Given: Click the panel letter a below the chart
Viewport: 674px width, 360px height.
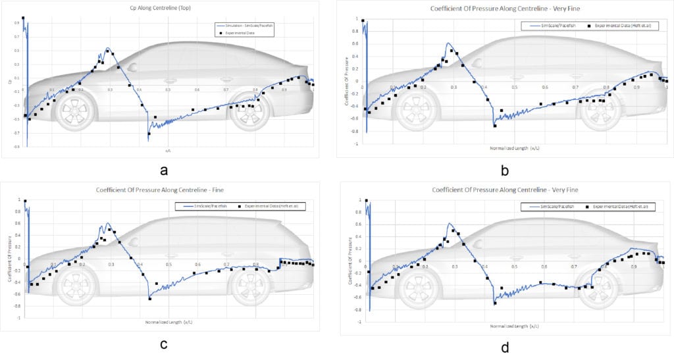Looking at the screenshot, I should [x=164, y=170].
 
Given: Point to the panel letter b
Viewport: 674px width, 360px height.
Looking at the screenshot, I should [x=505, y=172].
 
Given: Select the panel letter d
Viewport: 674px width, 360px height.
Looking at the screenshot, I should [x=505, y=347].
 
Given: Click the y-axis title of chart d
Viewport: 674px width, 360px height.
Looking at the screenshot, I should [x=348, y=263].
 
